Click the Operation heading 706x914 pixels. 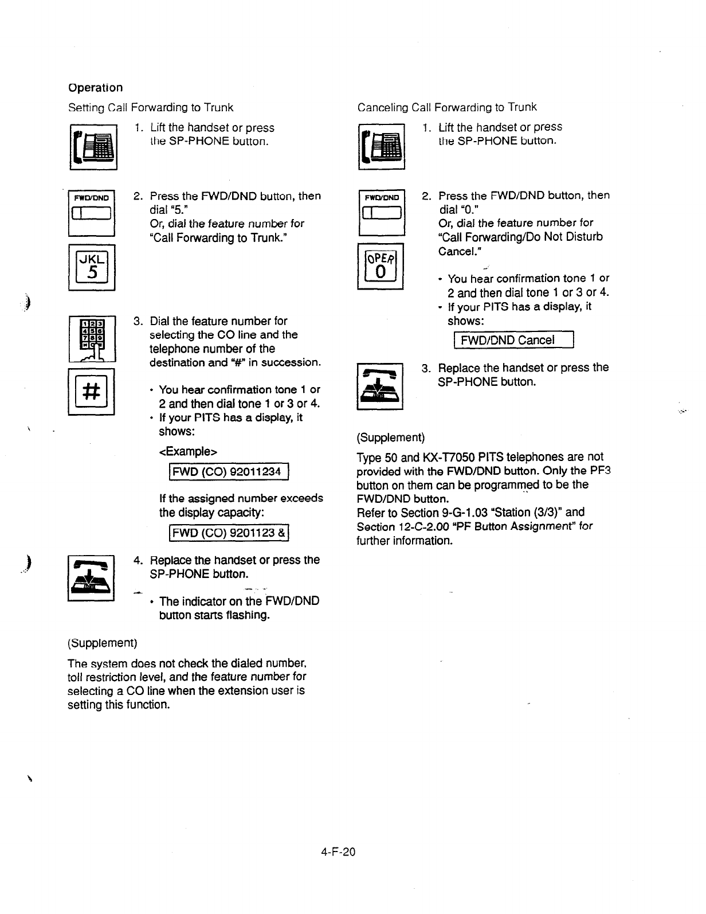coord(95,88)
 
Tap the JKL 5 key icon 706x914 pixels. coord(92,267)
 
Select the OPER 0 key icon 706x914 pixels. coord(381,267)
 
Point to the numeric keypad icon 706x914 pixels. coord(92,339)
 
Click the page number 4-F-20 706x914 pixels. coord(338,851)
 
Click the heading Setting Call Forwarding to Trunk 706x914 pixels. coord(151,108)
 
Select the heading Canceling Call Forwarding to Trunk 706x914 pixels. coord(447,107)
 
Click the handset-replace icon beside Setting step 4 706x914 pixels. coord(92,578)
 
